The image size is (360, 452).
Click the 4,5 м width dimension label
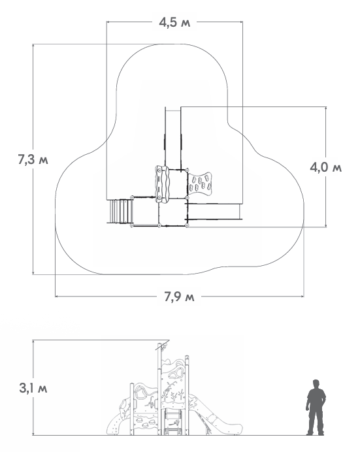pos(174,22)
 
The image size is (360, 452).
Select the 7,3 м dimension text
pos(33,159)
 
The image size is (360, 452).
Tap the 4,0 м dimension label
pos(326,167)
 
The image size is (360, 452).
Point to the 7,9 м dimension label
pos(179,296)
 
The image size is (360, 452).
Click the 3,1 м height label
pos(33,388)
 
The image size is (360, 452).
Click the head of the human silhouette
pos(316,383)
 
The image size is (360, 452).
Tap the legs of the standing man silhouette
pos(316,420)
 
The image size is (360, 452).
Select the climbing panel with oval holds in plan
pos(199,184)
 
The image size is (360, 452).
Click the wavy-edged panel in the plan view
pos(162,184)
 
